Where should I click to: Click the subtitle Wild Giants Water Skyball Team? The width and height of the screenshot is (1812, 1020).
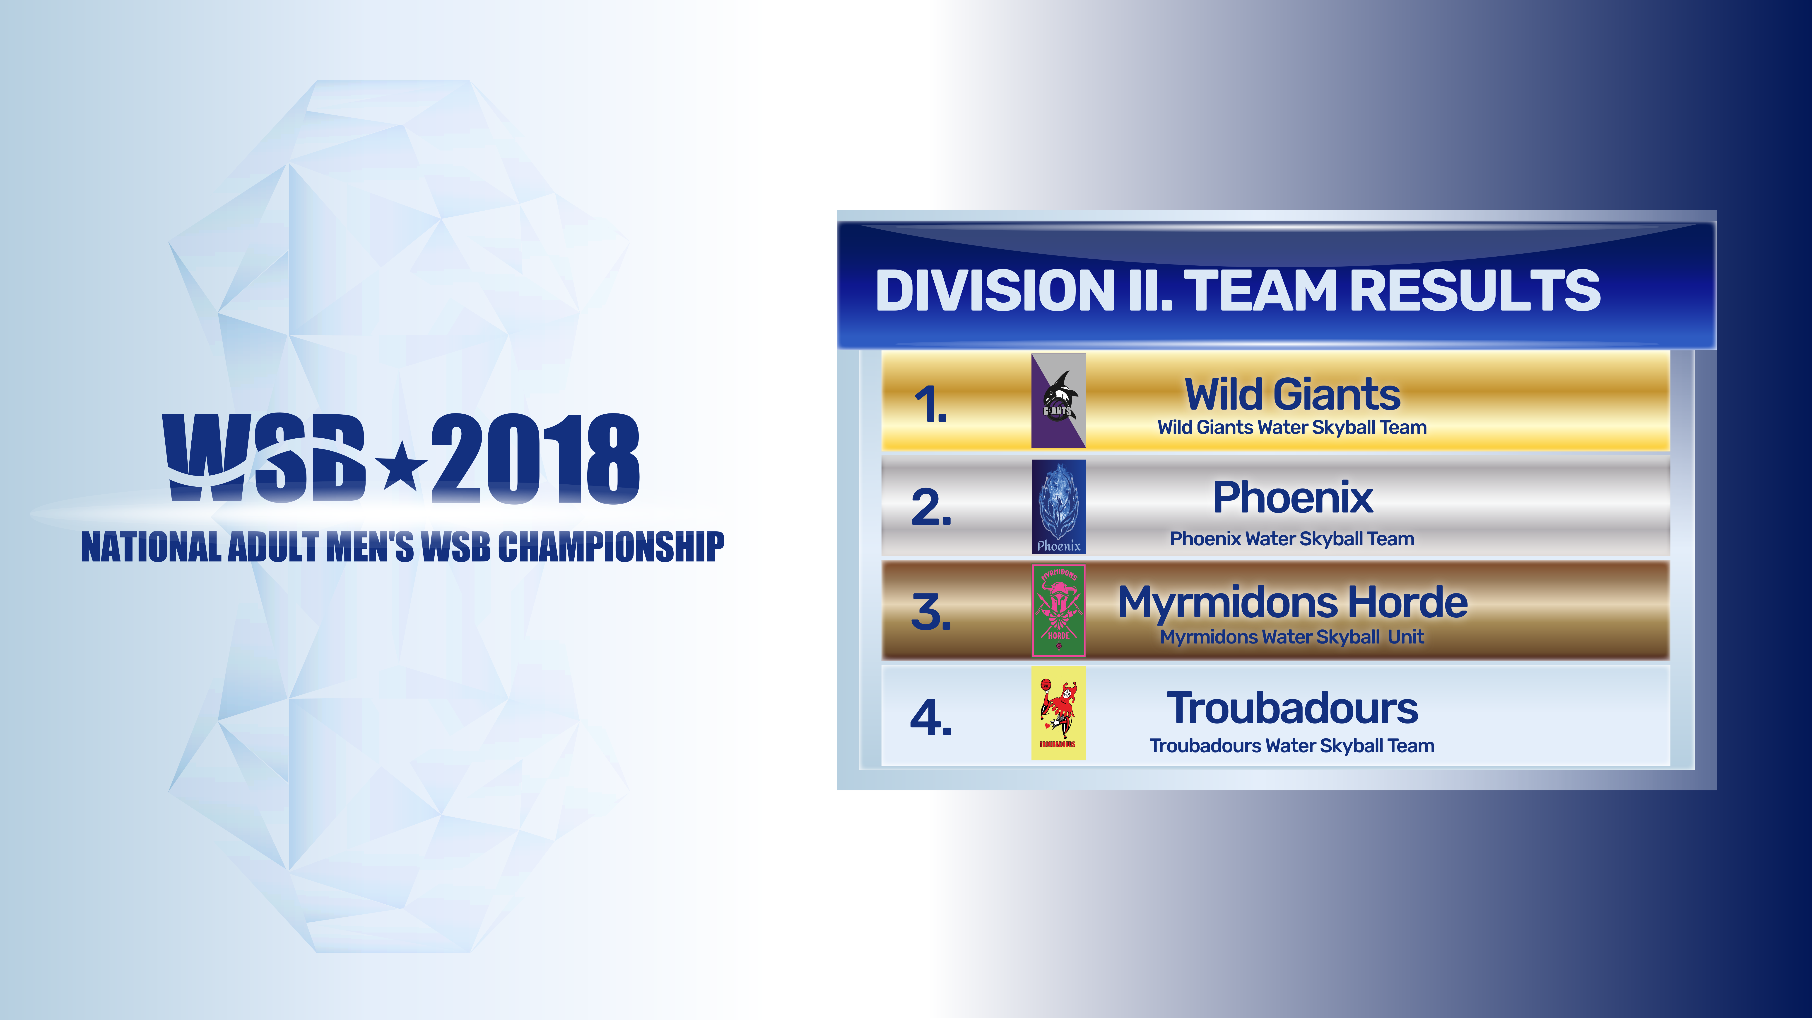(1292, 427)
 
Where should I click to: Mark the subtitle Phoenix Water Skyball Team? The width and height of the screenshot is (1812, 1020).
(1292, 539)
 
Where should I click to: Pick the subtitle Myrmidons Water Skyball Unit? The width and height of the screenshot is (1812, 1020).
(1292, 637)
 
